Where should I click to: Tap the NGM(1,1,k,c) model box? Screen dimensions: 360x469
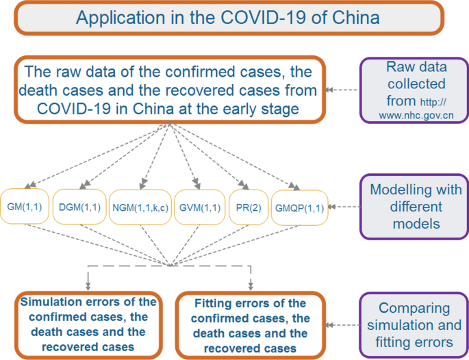pos(140,206)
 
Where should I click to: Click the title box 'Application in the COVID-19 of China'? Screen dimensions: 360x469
pos(227,17)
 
